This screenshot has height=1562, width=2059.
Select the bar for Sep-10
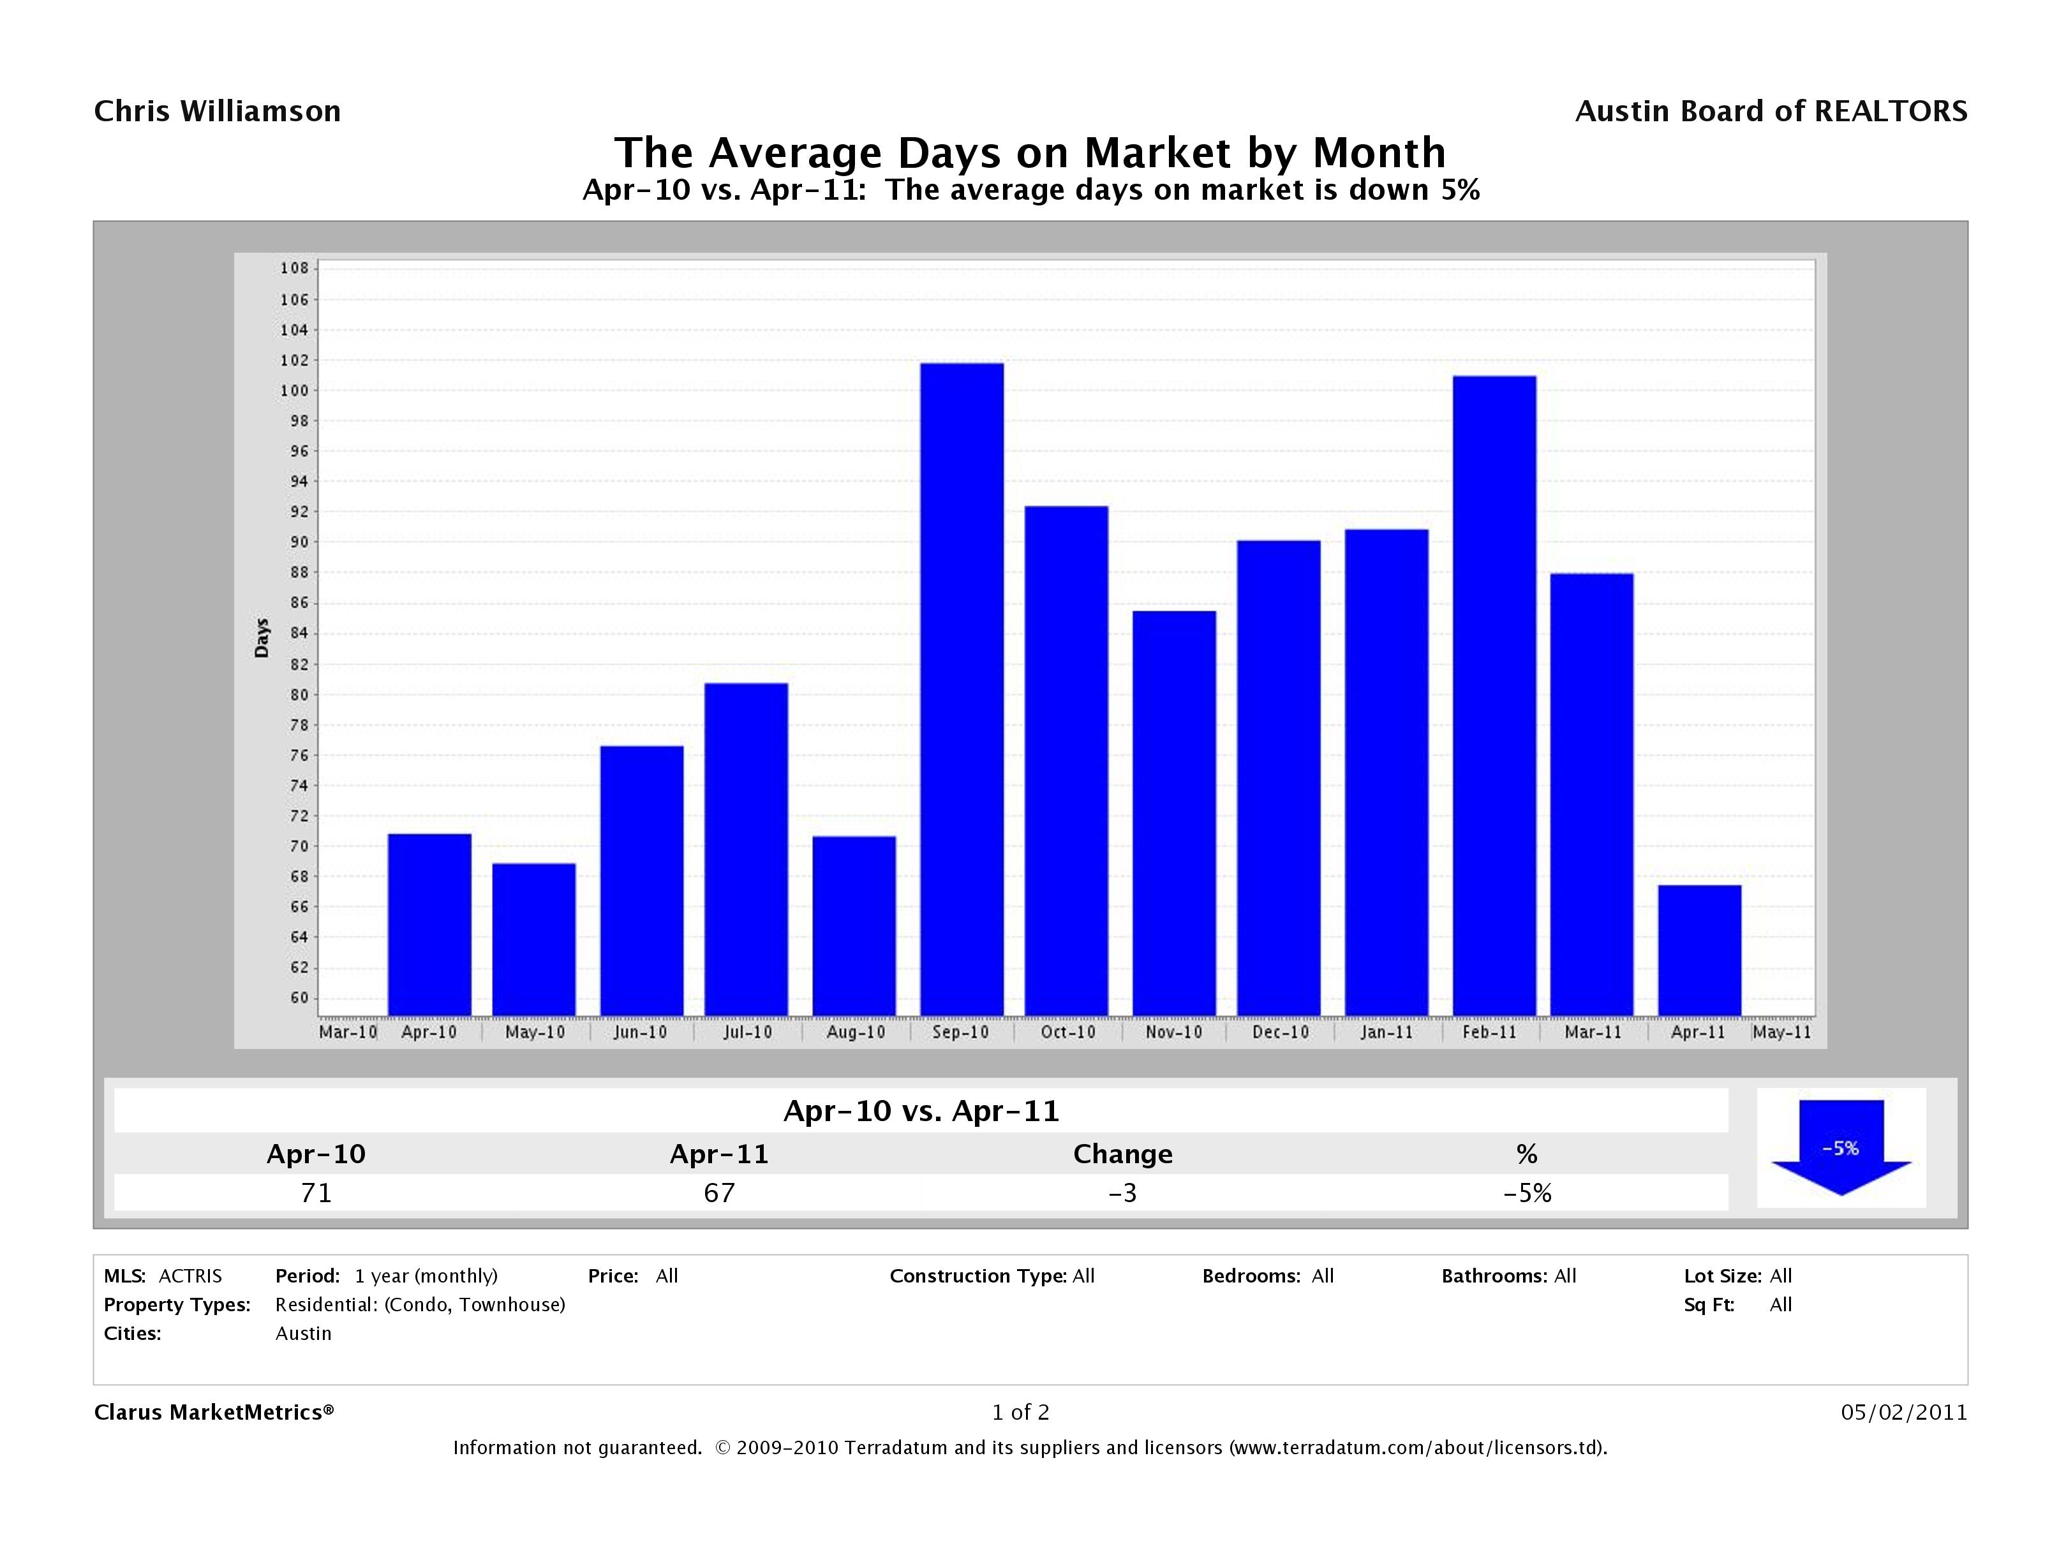pyautogui.click(x=962, y=689)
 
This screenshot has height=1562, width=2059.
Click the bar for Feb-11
pyautogui.click(x=1494, y=695)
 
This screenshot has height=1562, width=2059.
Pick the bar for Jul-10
pyautogui.click(x=746, y=849)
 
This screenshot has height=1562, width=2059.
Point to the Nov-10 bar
pyautogui.click(x=1174, y=813)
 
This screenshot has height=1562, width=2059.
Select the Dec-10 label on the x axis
pyautogui.click(x=1280, y=1032)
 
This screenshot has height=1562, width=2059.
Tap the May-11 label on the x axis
pyautogui.click(x=1781, y=1032)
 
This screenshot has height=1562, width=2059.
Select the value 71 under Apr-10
pyautogui.click(x=316, y=1193)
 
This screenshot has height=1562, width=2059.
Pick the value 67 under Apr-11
pyautogui.click(x=720, y=1193)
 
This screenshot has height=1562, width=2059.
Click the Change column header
pyautogui.click(x=1122, y=1154)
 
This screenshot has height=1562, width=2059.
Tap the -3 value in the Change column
pyautogui.click(x=1122, y=1193)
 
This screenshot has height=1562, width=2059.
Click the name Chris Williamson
pyautogui.click(x=217, y=112)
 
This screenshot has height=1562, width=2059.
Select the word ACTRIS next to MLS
pyautogui.click(x=190, y=1276)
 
